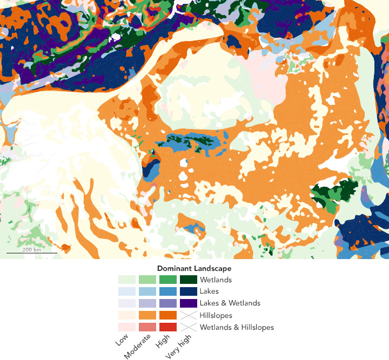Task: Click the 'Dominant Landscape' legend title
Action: click(x=194, y=268)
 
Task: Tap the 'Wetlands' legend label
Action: click(x=216, y=280)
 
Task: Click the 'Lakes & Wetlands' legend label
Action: click(x=230, y=303)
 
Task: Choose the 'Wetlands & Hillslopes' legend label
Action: click(x=237, y=327)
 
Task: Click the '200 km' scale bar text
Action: click(x=31, y=249)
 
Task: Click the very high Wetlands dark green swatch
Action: click(x=189, y=280)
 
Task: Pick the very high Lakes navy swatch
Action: click(x=189, y=291)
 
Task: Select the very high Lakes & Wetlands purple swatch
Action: click(x=189, y=303)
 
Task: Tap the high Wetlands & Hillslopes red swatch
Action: click(x=168, y=327)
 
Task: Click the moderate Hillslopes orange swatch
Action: click(x=147, y=315)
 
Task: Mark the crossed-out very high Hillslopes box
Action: click(x=189, y=315)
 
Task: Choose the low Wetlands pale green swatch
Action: click(x=127, y=280)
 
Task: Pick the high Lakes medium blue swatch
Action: click(x=168, y=291)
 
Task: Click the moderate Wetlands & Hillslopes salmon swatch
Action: click(x=147, y=327)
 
